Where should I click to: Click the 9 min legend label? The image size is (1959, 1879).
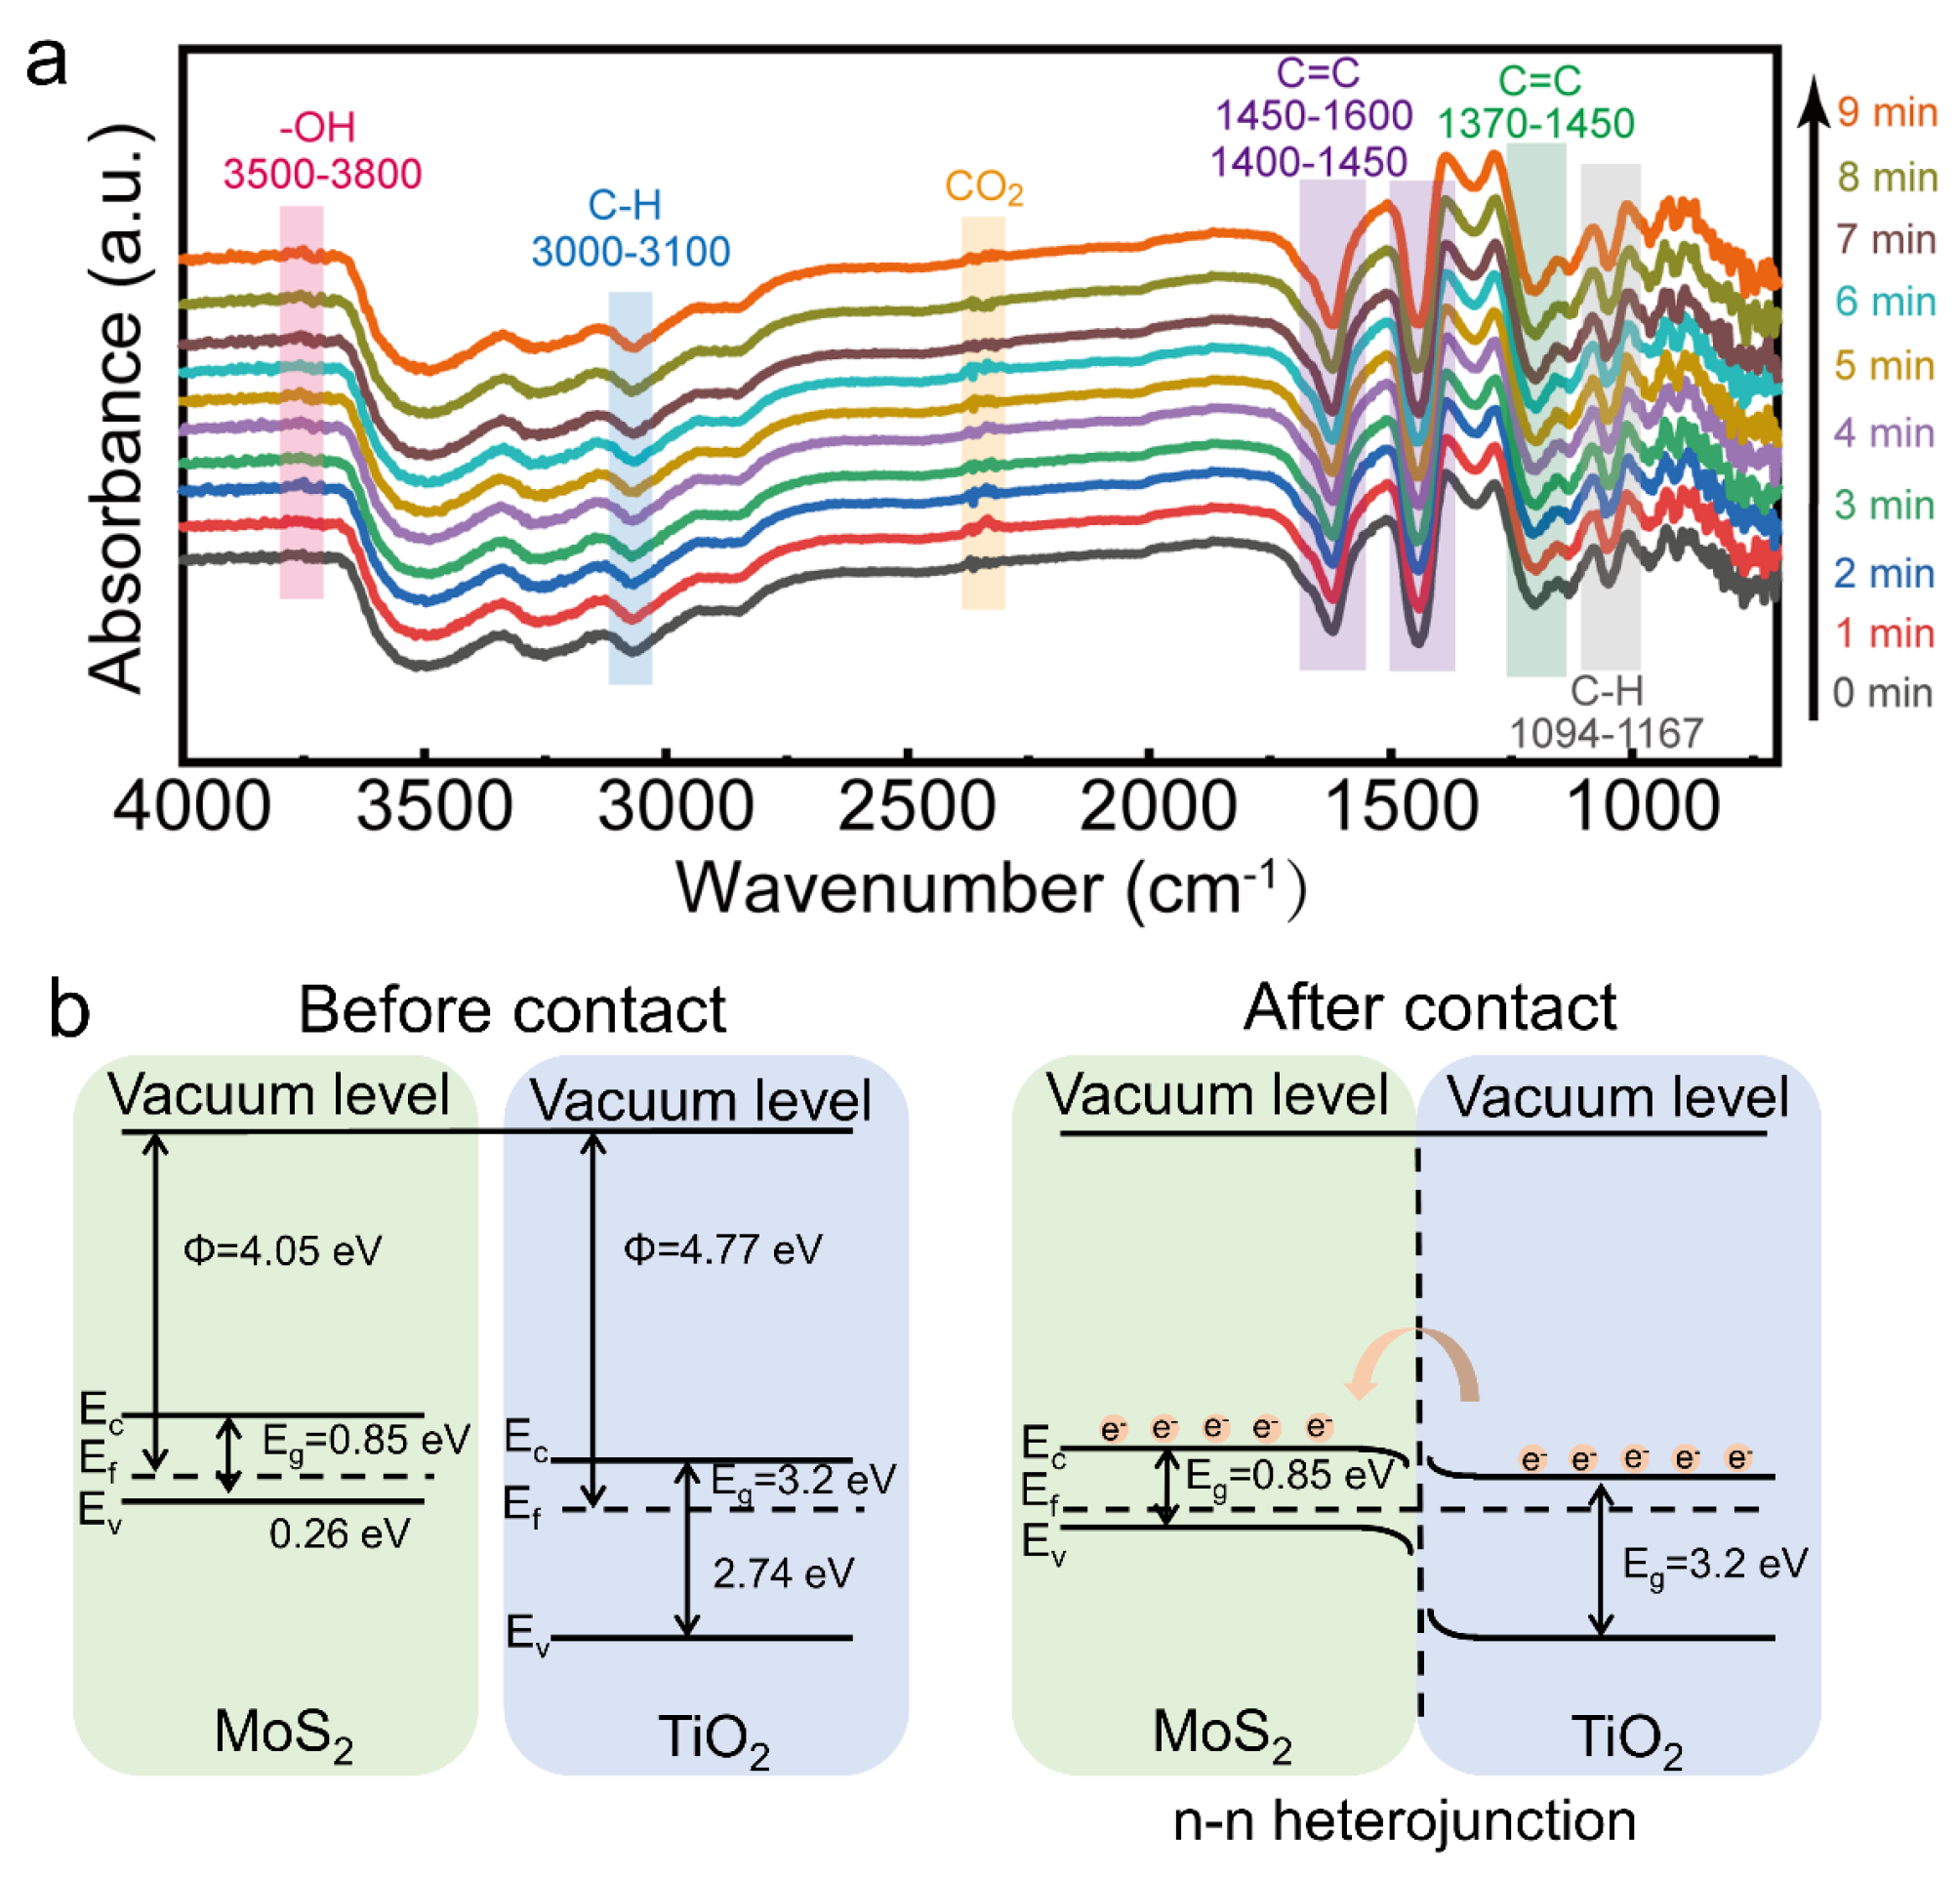coord(1886,112)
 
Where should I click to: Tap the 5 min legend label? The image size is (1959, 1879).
coord(1883,366)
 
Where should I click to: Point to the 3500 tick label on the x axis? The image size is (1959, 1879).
coord(433,806)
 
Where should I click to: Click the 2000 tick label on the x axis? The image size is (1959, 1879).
coord(1158,806)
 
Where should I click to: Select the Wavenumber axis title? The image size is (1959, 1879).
coord(990,887)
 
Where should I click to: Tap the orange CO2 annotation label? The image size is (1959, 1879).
coord(984,187)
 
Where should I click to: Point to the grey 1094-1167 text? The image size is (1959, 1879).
coord(1606,734)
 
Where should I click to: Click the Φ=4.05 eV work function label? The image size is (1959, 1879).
coord(282,1250)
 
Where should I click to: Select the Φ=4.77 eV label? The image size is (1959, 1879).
coord(721,1249)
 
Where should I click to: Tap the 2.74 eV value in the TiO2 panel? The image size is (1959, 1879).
coord(783,1573)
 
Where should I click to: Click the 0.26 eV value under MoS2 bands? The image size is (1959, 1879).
coord(339,1533)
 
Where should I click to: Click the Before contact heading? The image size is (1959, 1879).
coord(511,1009)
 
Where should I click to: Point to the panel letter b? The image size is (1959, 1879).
coord(69,1010)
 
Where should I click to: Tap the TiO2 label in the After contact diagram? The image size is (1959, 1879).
coord(1626,1737)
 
